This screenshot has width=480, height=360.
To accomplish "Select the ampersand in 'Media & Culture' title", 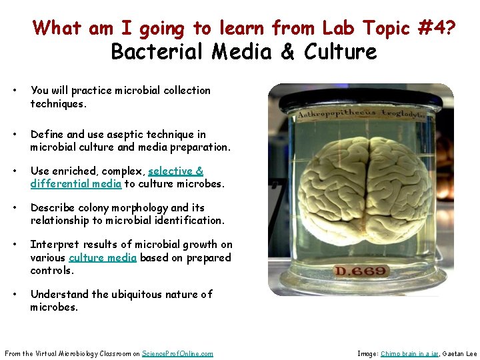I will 288,52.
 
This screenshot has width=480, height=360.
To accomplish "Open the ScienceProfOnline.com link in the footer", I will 177,353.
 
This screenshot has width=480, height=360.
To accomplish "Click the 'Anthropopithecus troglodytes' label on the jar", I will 361,113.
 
